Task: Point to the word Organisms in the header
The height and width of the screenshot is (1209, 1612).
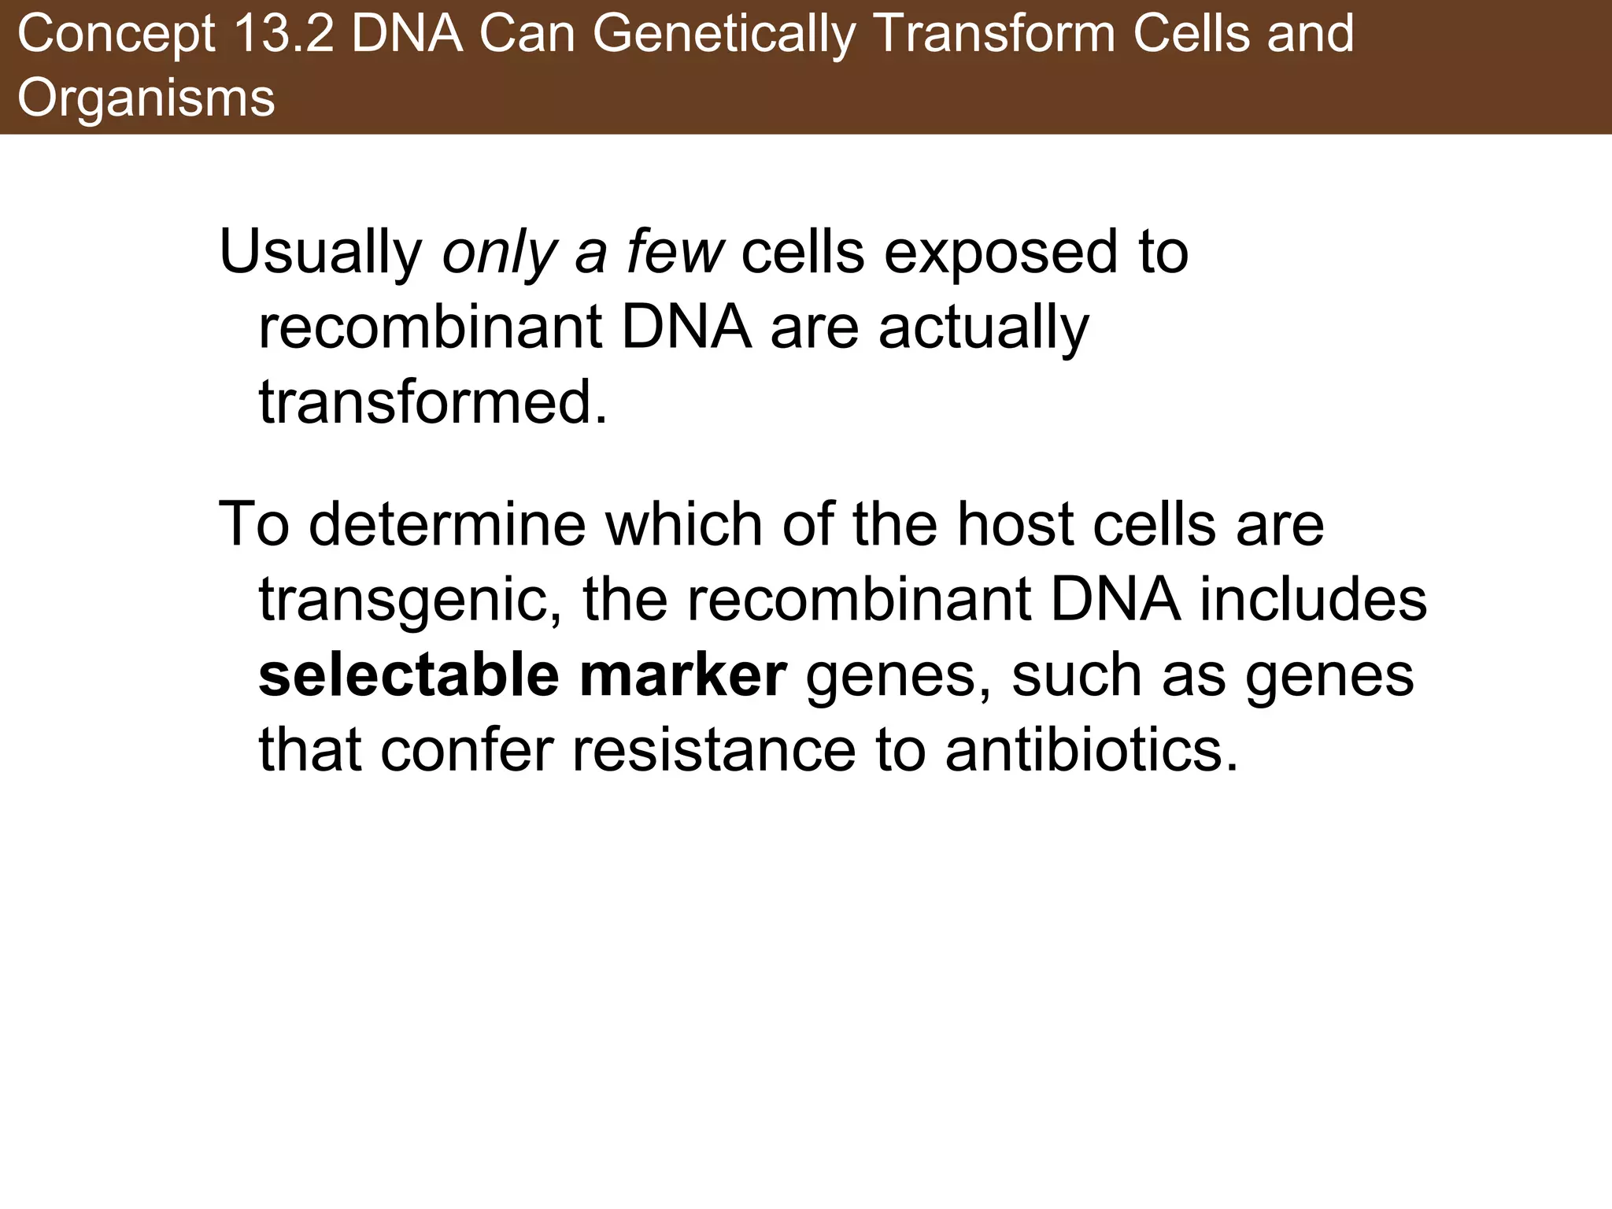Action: (146, 98)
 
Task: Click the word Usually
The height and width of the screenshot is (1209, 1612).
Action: (321, 253)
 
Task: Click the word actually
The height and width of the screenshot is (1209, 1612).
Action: (983, 329)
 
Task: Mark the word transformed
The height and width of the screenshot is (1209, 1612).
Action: (433, 403)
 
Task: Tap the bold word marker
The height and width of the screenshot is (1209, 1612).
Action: (682, 675)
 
